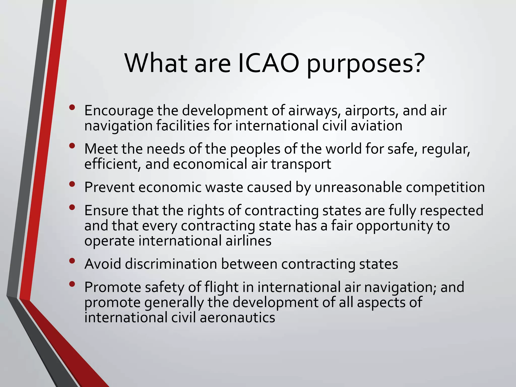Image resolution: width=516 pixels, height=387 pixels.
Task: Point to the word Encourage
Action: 118,111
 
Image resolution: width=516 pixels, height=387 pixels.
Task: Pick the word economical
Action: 210,164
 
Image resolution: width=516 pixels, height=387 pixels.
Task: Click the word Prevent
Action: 109,187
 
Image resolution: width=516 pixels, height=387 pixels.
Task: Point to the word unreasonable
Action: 358,187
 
